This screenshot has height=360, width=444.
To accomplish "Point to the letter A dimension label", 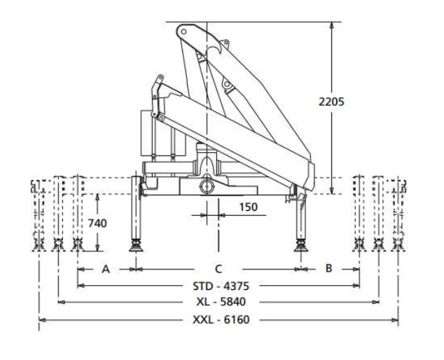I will coord(106,268).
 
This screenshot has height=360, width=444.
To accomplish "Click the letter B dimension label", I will coord(328,268).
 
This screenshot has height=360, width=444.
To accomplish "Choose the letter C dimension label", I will coord(218,268).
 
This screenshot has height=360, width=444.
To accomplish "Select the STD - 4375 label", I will coord(218,286).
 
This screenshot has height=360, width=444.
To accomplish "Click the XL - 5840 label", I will coord(218,303).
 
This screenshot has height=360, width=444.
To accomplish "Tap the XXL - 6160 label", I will coord(218,320).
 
